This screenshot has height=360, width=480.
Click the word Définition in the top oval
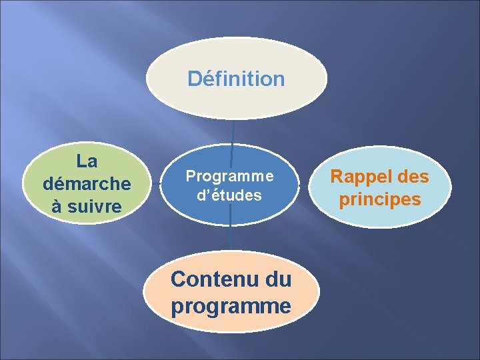[236, 79]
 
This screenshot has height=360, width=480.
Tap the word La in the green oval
[87, 161]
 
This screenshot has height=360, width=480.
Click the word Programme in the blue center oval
[229, 176]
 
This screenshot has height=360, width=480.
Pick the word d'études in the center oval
[229, 196]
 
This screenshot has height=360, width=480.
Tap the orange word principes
[380, 199]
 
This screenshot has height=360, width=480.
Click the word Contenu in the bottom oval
[209, 279]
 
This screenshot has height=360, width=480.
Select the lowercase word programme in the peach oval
[231, 306]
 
